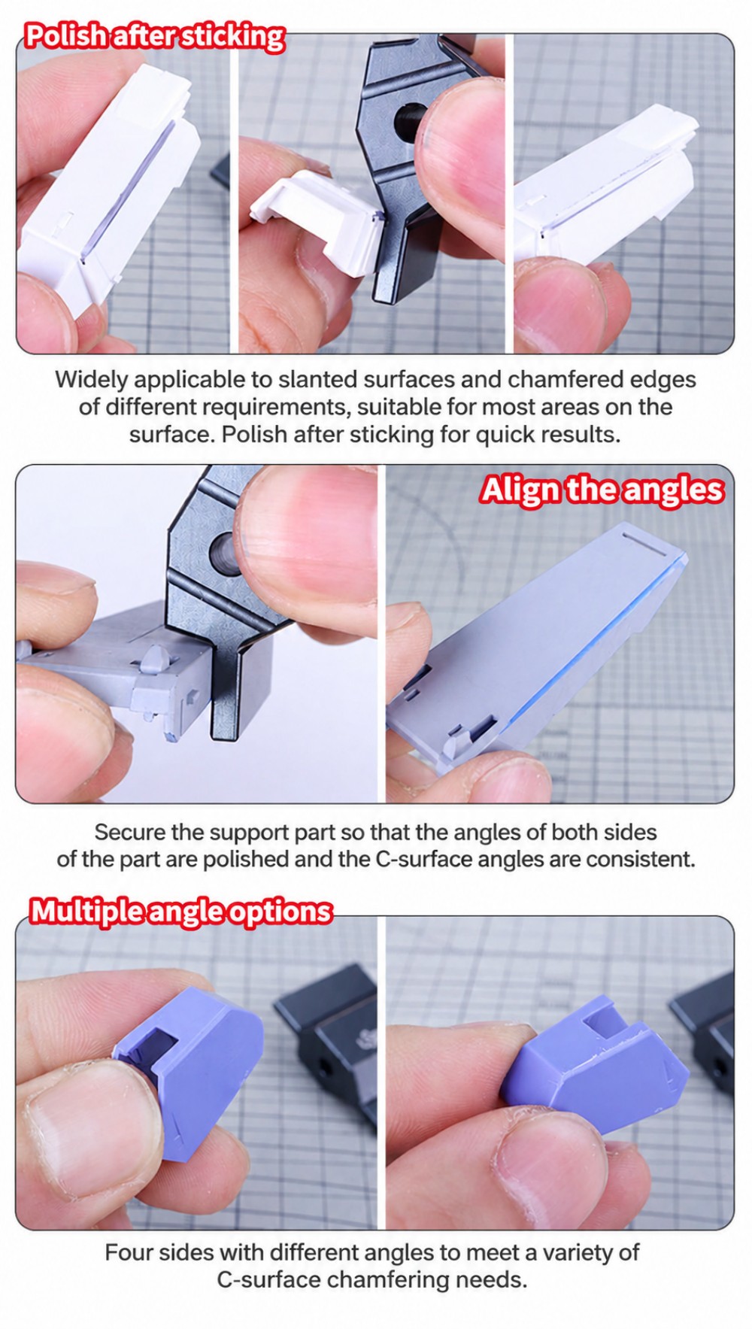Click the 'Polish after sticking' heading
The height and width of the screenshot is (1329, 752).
pyautogui.click(x=154, y=36)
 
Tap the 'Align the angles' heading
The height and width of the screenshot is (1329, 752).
pyautogui.click(x=602, y=490)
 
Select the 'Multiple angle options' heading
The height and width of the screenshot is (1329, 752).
pyautogui.click(x=180, y=911)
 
